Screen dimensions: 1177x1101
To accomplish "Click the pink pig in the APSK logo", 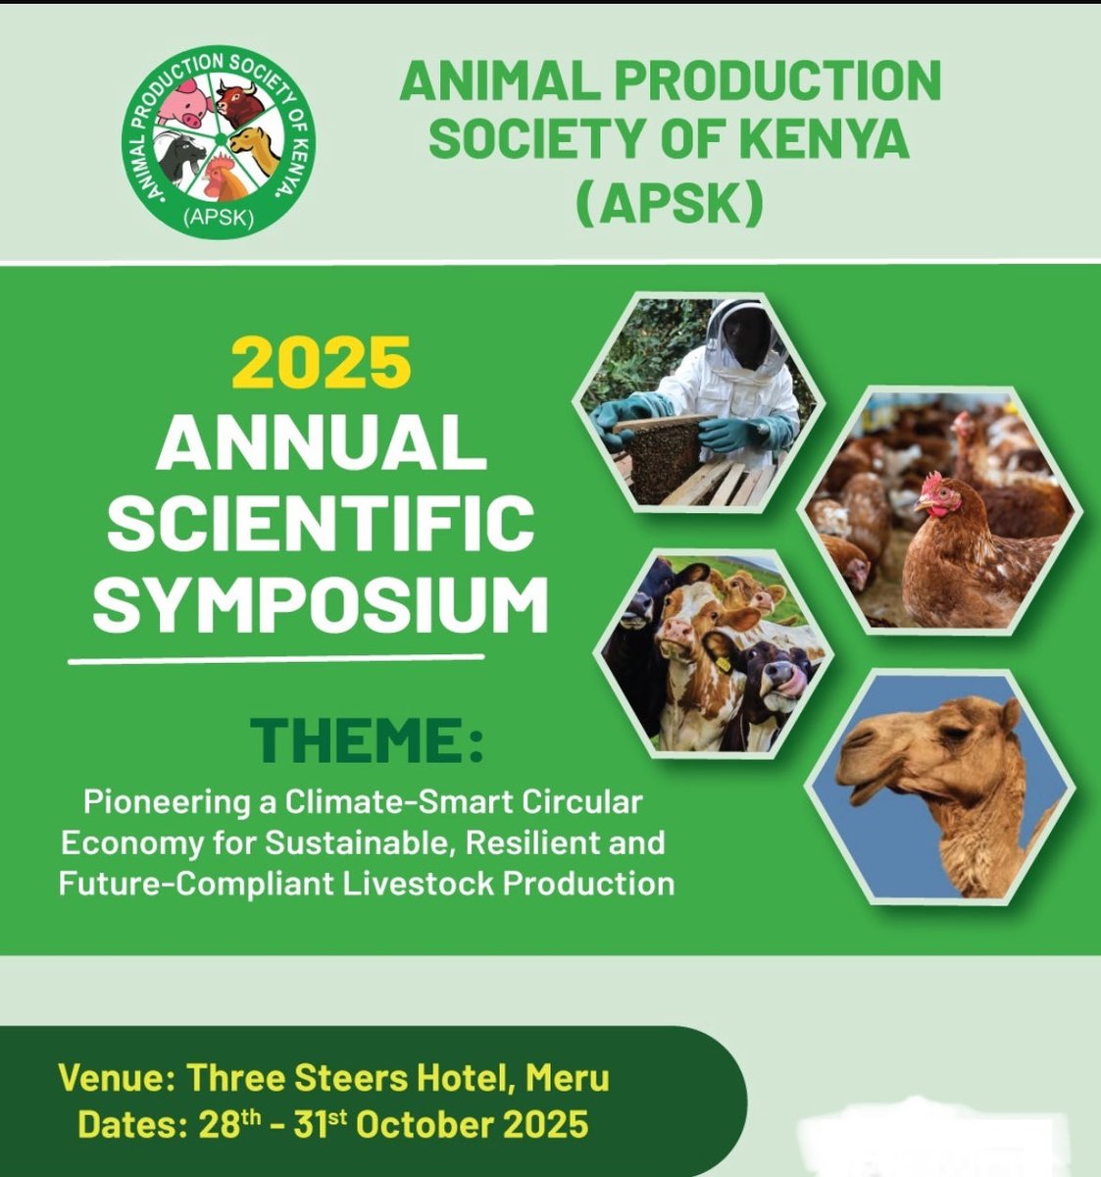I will click(x=186, y=101).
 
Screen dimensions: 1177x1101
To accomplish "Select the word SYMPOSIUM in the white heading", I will click(x=320, y=604).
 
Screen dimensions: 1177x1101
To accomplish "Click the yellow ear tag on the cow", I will click(x=723, y=664).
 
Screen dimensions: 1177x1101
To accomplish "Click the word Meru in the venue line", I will click(x=568, y=1078).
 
